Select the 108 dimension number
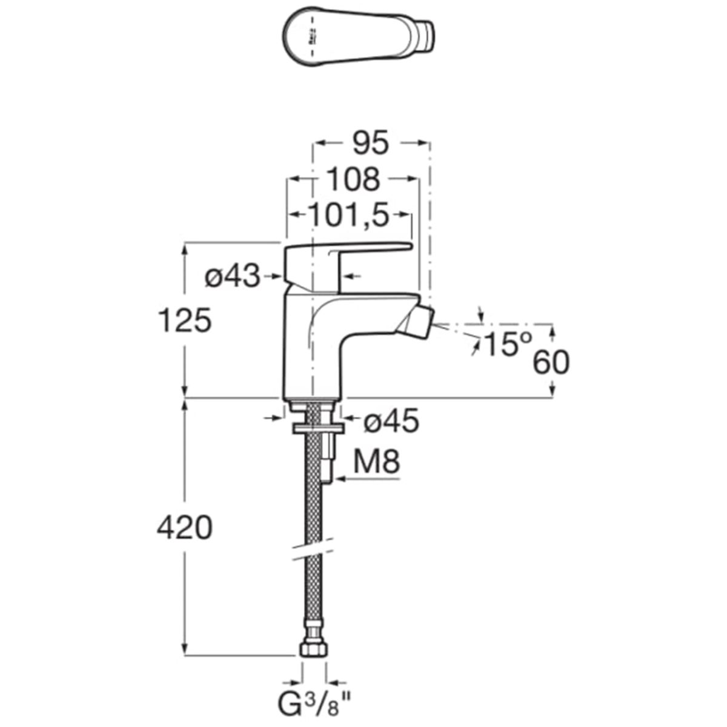[x=353, y=179]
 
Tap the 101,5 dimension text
[x=348, y=215]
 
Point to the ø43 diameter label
[x=232, y=277]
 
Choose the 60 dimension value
[x=551, y=363]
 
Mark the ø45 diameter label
[x=391, y=421]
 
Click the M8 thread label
[x=376, y=463]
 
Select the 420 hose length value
[x=185, y=528]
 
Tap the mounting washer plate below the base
[x=318, y=428]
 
